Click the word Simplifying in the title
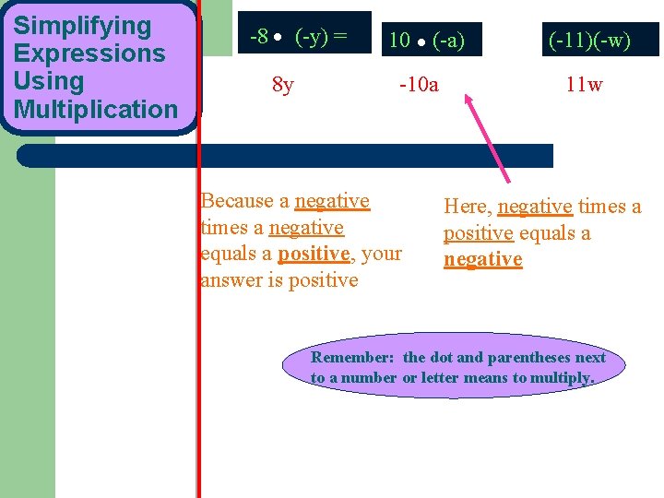[82, 26]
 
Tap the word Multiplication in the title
[96, 109]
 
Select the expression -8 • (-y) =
[298, 37]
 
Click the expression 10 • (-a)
[427, 40]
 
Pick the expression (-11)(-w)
[589, 40]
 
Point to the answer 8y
[283, 86]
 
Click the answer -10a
[419, 86]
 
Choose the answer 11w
[585, 86]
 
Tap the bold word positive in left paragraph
[314, 254]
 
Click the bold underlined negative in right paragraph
[482, 260]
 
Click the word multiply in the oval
[562, 377]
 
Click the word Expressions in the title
[89, 53]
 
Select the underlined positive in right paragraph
[478, 233]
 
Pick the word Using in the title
[48, 81]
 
